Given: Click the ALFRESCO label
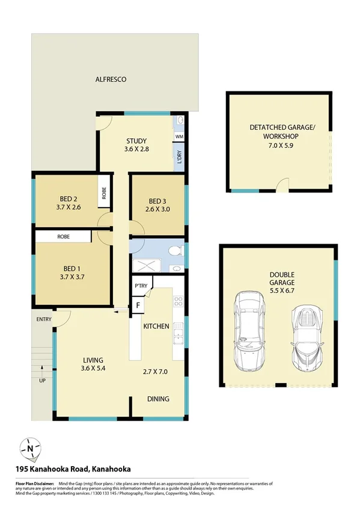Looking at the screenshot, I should tap(111, 79).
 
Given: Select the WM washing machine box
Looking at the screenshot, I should tap(179, 137).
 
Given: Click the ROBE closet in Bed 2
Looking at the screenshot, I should tap(104, 193).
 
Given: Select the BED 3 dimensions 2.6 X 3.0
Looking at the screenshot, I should tap(157, 210).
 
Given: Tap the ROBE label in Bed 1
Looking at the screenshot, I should tap(63, 237).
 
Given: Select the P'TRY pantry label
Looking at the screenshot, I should tap(141, 286).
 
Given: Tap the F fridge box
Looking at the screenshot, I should tap(138, 305).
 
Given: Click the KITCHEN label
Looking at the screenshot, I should tap(156, 326).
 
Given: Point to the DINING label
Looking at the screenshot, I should tap(158, 398).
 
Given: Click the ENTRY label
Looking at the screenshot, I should tap(43, 319).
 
